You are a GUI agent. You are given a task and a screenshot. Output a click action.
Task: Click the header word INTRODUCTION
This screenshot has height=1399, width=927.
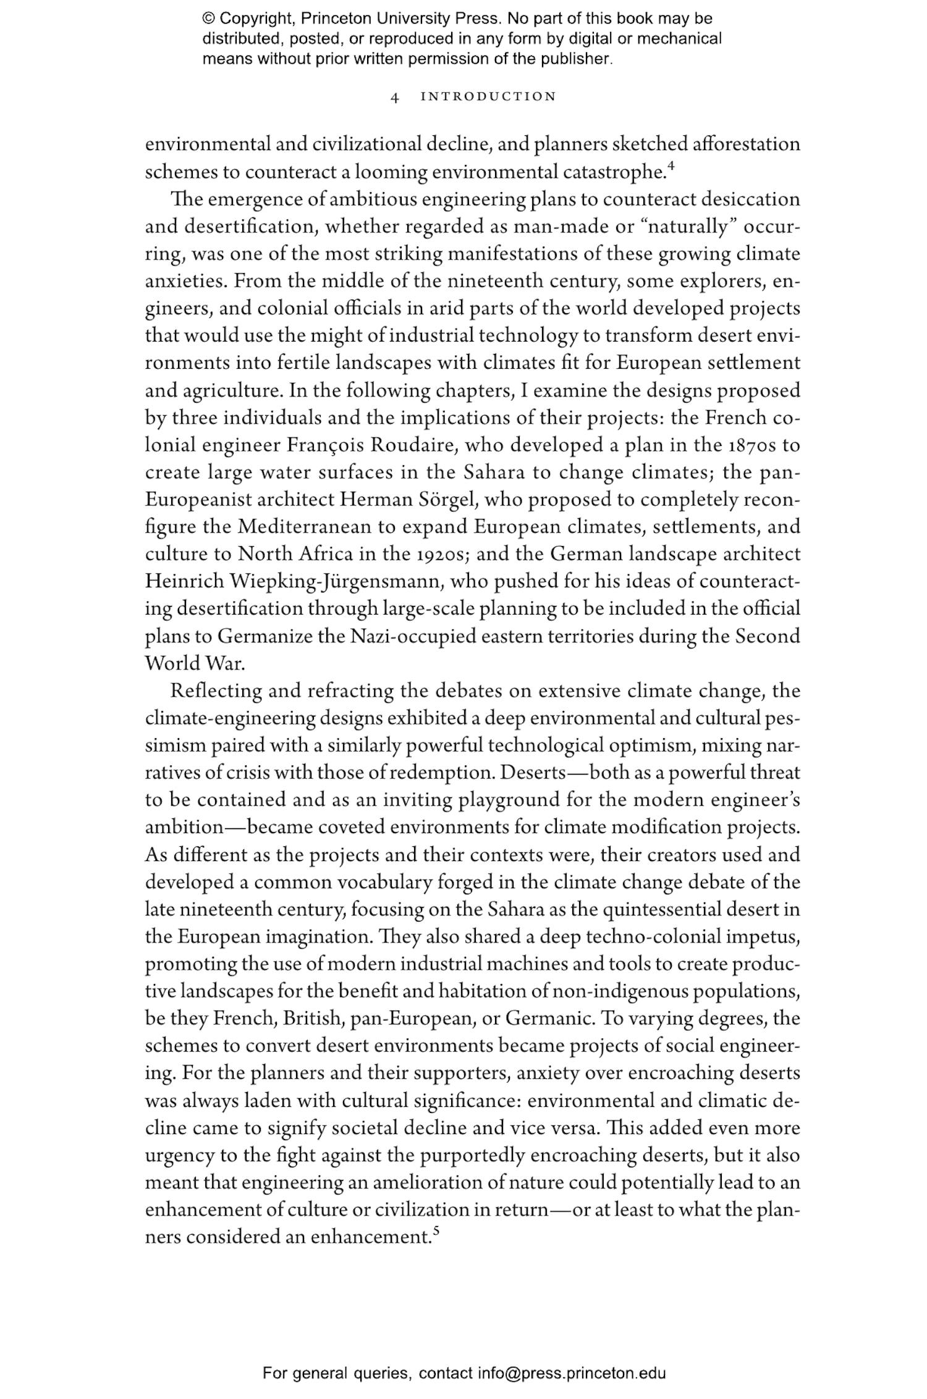pyautogui.click(x=488, y=97)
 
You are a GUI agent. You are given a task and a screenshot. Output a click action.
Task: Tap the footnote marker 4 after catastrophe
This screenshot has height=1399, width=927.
pyautogui.click(x=671, y=166)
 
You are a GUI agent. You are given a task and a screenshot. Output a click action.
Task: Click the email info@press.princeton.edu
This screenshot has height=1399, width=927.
pyautogui.click(x=571, y=1374)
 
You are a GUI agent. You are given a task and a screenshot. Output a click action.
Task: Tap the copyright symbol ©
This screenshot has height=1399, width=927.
pyautogui.click(x=208, y=19)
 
